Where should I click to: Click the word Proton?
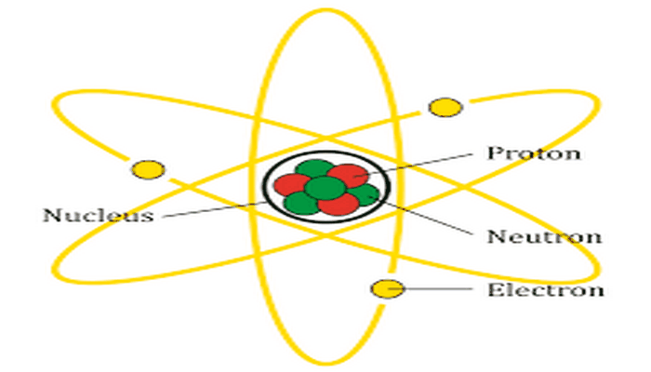click(534, 153)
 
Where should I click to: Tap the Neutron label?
click(544, 236)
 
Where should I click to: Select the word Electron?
click(546, 290)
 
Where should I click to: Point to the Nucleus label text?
click(99, 215)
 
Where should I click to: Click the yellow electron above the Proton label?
click(445, 107)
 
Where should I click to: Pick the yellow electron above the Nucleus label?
click(148, 169)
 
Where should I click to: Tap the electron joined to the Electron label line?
click(387, 289)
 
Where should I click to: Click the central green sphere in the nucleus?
click(325, 188)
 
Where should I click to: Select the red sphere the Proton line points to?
click(348, 176)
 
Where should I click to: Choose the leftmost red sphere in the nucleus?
click(292, 185)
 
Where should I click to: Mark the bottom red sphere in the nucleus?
click(338, 204)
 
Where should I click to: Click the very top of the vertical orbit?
click(326, 9)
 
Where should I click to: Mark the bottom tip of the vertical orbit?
click(326, 364)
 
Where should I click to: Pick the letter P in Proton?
click(493, 153)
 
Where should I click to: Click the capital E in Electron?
click(493, 290)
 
